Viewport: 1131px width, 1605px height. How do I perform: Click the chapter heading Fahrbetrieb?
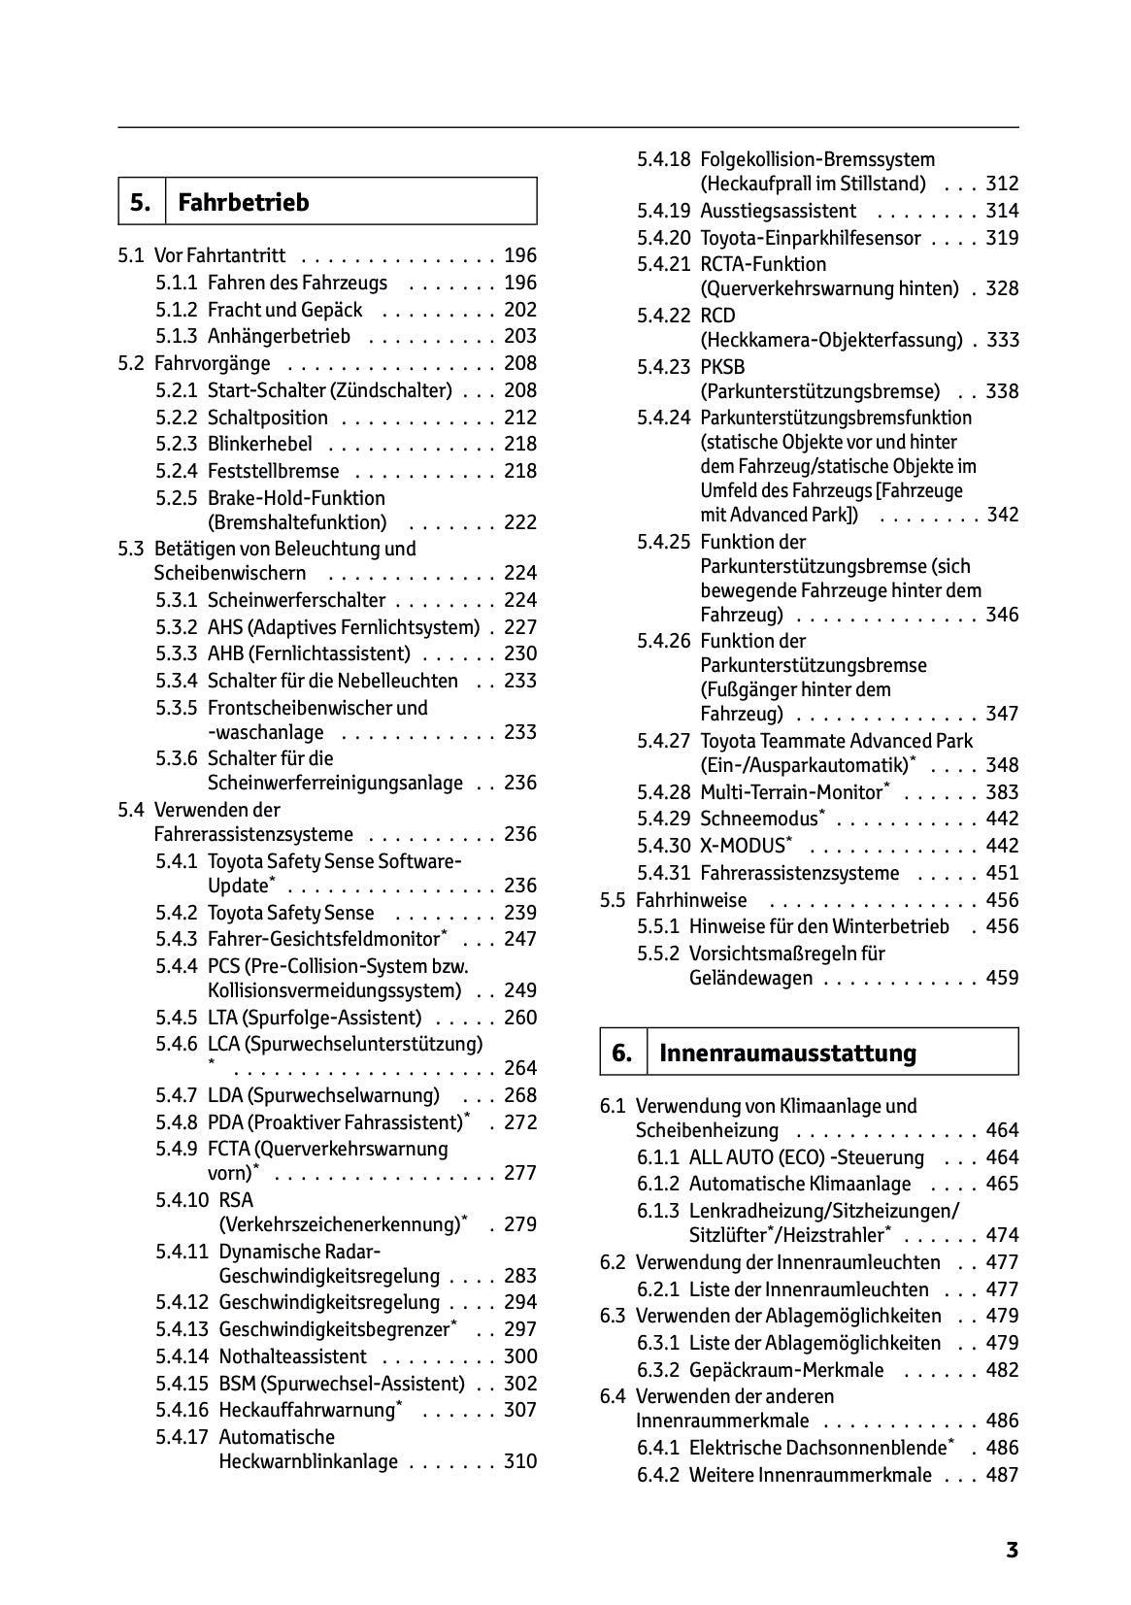[244, 202]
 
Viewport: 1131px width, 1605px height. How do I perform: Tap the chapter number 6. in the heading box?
[622, 1053]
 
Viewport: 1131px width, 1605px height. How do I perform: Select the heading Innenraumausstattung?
[786, 1053]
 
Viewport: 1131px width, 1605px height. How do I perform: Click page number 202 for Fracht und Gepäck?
[520, 310]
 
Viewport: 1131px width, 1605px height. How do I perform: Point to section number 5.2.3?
[176, 444]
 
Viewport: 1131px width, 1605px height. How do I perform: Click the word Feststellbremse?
[273, 471]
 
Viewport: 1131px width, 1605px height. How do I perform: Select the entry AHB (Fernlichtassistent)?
[309, 653]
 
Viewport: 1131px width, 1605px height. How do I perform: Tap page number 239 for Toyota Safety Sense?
[520, 913]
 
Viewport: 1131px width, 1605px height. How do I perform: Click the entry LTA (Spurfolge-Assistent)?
[315, 1018]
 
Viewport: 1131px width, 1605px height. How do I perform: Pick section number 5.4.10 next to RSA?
[182, 1200]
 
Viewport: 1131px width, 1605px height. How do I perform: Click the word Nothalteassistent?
[293, 1356]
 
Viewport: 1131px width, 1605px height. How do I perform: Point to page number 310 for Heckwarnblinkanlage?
[520, 1461]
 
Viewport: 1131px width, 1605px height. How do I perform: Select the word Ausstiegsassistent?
[778, 211]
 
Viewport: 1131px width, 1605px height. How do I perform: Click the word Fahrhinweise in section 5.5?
[691, 900]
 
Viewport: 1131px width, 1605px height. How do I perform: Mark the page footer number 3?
[1012, 1550]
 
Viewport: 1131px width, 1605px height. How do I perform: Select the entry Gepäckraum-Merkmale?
[786, 1370]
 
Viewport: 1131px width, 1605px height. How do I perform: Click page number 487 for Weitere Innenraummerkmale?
[1002, 1475]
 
